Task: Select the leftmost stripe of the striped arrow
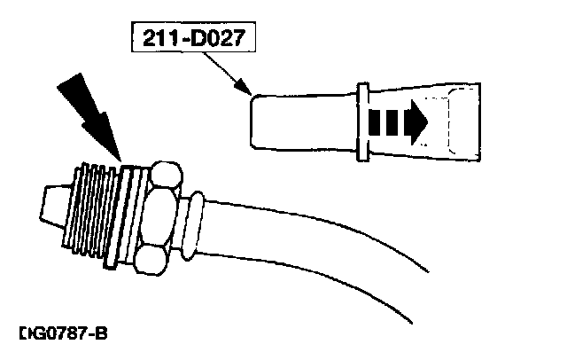click(x=375, y=119)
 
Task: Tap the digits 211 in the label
click(x=154, y=41)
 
